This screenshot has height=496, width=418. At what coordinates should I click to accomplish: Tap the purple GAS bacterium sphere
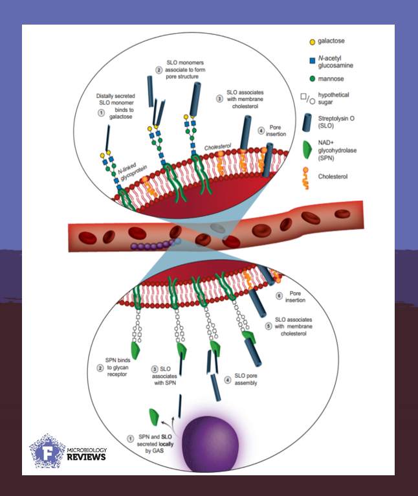tap(209, 447)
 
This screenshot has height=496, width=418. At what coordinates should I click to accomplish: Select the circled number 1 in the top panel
tap(101, 112)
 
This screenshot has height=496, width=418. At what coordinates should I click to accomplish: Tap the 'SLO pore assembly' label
tap(245, 383)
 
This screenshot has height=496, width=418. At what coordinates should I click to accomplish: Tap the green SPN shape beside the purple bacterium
tap(155, 416)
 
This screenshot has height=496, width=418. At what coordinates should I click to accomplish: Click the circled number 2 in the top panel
tap(159, 70)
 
